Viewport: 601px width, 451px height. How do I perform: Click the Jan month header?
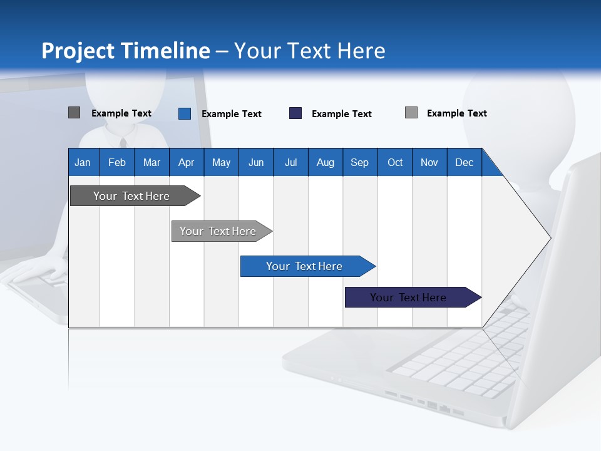[x=83, y=162]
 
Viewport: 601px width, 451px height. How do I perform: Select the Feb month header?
[x=117, y=162]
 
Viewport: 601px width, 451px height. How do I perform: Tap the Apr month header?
[x=186, y=162]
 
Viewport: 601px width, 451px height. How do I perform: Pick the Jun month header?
[x=256, y=162]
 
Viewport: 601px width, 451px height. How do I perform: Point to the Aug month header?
[x=325, y=162]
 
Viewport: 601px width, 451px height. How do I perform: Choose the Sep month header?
[x=359, y=162]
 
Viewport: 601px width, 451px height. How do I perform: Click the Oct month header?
[x=395, y=162]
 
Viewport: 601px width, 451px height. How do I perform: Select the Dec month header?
[x=464, y=162]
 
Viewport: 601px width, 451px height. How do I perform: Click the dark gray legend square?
[x=74, y=113]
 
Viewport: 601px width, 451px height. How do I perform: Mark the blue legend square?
[x=185, y=113]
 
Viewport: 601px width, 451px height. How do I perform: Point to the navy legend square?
[x=295, y=113]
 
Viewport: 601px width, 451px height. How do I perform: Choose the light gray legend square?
[x=411, y=113]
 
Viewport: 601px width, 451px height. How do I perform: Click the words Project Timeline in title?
[x=126, y=51]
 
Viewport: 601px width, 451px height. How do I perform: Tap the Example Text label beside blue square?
[x=231, y=114]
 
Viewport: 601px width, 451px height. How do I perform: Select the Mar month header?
[x=152, y=162]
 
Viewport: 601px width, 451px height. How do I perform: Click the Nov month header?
[x=429, y=162]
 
